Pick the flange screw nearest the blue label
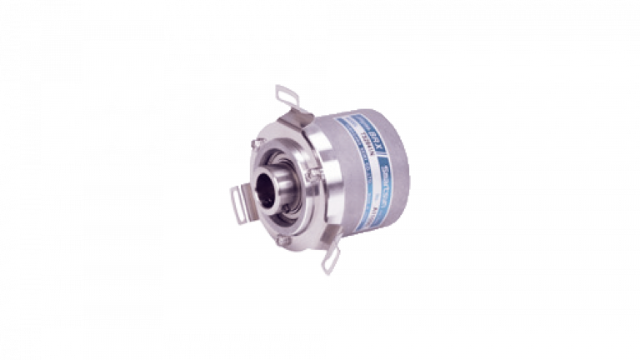click(312, 174)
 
